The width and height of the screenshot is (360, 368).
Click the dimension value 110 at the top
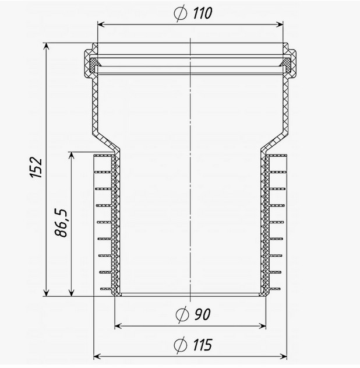click(203, 13)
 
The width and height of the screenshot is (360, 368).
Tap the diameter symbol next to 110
click(181, 13)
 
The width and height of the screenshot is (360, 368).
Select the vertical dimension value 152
click(36, 167)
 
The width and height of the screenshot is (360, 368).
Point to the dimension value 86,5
click(61, 222)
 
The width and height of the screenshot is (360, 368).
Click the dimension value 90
click(202, 314)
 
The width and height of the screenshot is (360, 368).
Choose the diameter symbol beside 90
click(182, 315)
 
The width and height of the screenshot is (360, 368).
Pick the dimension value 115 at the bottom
click(203, 345)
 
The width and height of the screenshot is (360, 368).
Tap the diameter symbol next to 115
click(181, 345)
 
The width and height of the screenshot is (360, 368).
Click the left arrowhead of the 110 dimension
click(101, 24)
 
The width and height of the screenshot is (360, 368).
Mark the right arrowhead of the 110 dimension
click(280, 24)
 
